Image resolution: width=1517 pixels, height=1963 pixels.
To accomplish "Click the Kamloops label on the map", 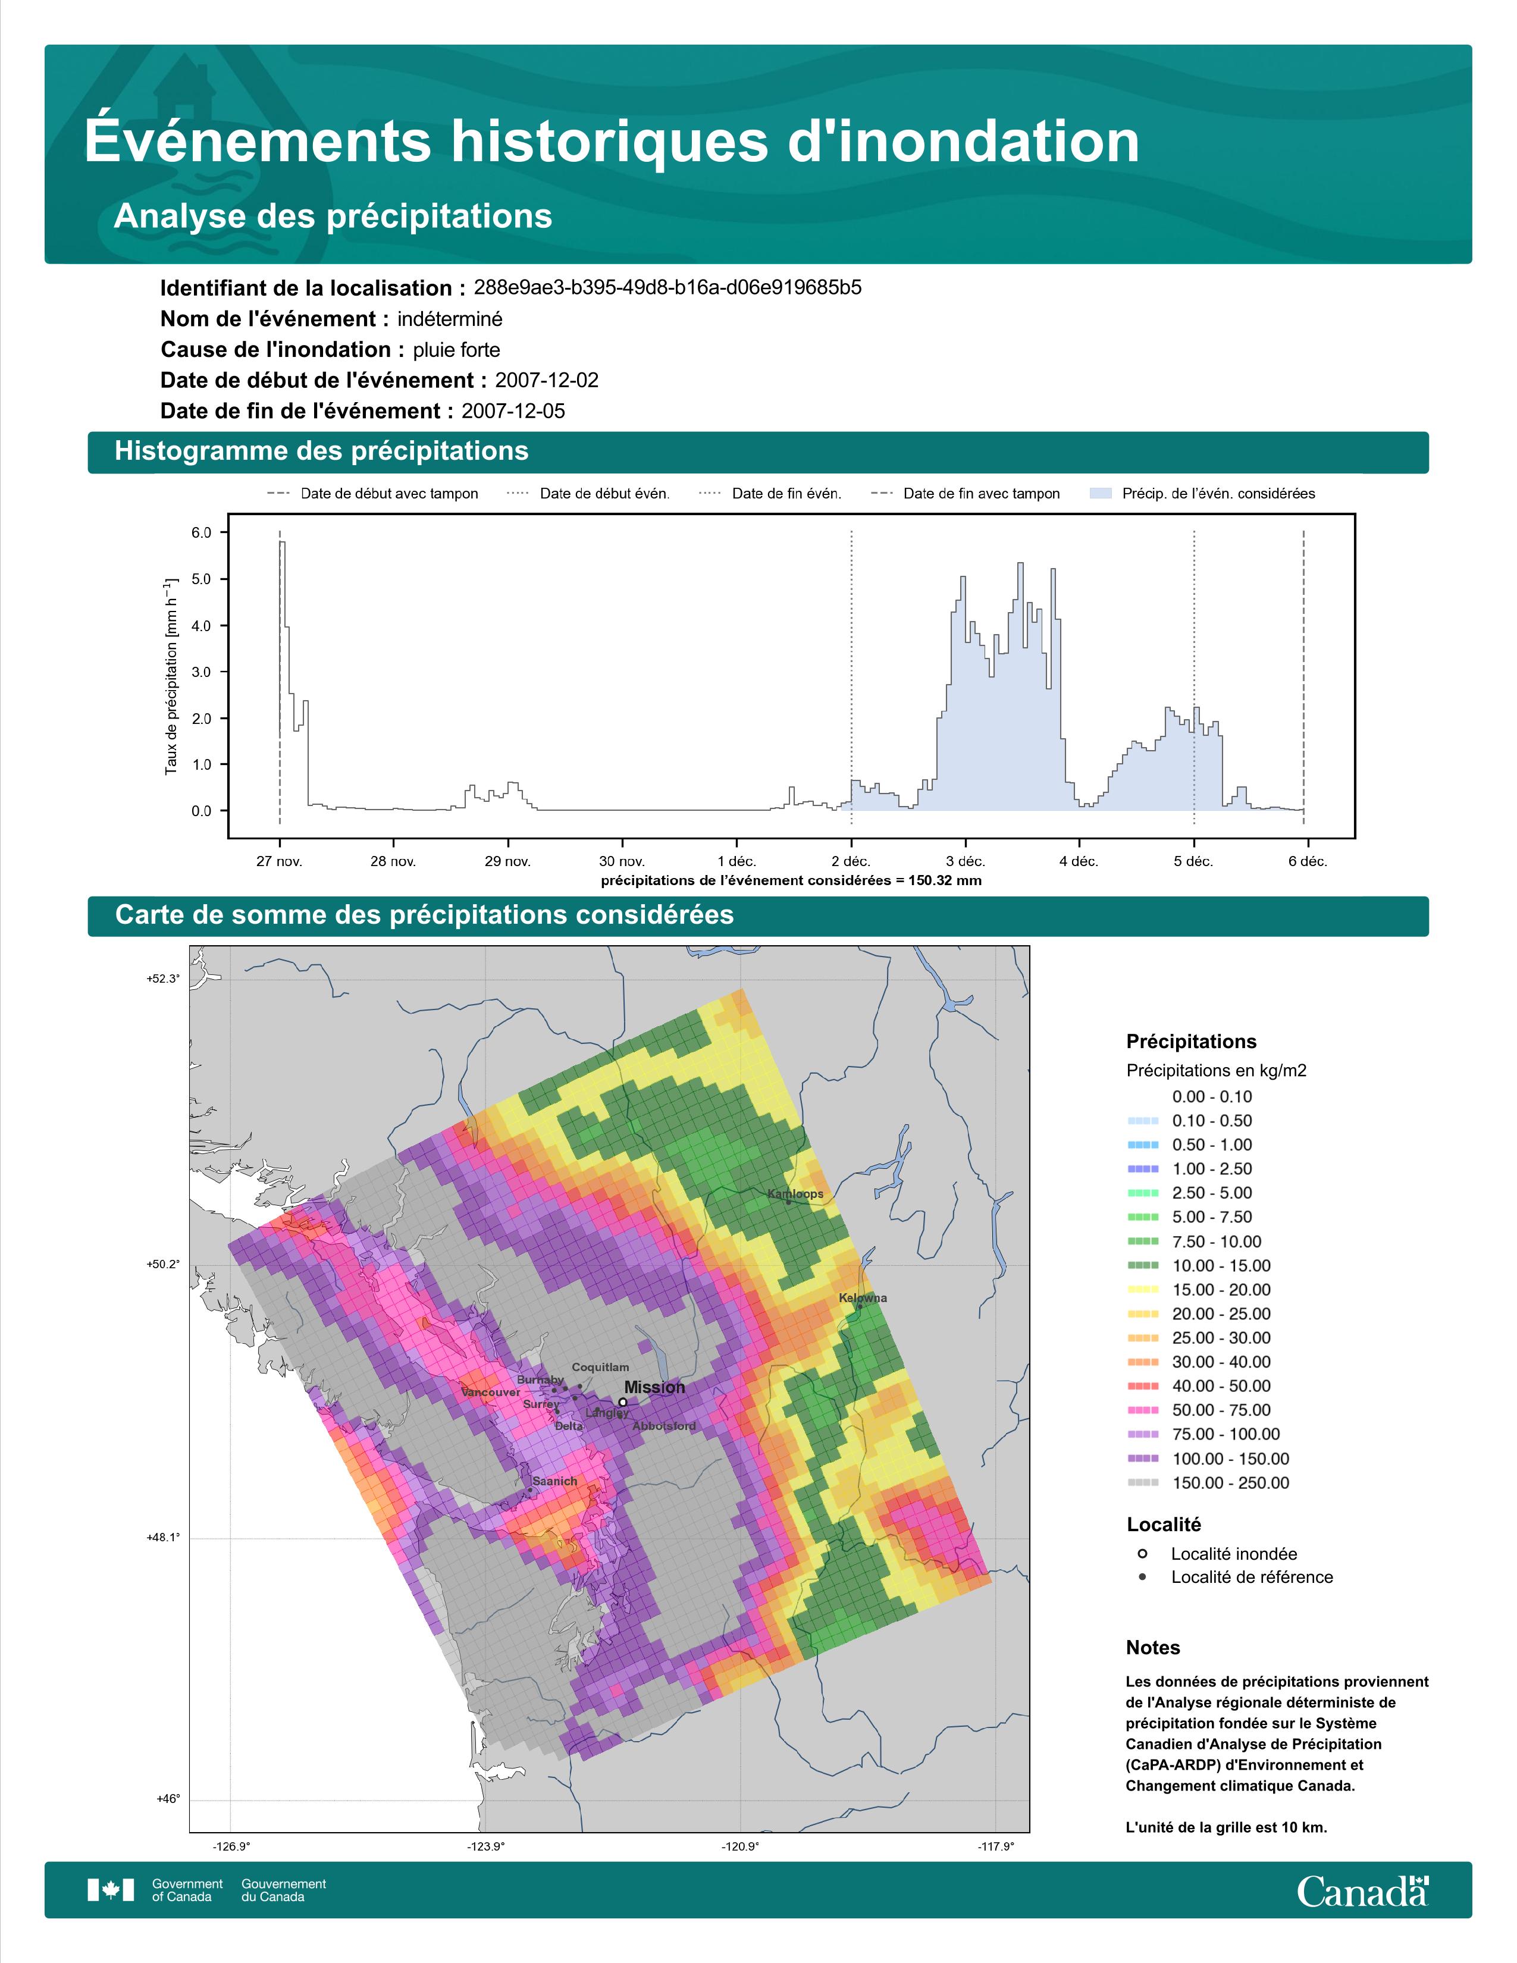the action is pyautogui.click(x=795, y=1194).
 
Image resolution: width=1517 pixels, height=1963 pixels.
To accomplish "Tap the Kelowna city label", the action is pyautogui.click(x=863, y=1298).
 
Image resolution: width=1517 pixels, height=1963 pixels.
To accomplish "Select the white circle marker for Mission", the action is pyautogui.click(x=623, y=1401).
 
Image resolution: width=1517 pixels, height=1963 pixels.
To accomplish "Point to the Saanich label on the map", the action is pyautogui.click(x=554, y=1481).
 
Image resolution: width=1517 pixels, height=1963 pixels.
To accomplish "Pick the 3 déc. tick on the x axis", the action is pyautogui.click(x=965, y=861).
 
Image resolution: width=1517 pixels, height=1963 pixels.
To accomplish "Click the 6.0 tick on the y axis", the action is pyautogui.click(x=201, y=533).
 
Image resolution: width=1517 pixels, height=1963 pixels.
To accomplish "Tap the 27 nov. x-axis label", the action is pyautogui.click(x=280, y=861).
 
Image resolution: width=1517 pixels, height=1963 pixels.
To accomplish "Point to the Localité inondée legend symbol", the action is pyautogui.click(x=1142, y=1553).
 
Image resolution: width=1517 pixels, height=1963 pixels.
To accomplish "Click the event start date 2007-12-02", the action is pyautogui.click(x=546, y=380).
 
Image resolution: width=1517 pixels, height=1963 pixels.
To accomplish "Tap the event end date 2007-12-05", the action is pyautogui.click(x=513, y=411).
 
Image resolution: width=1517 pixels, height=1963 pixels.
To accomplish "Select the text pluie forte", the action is pyautogui.click(x=456, y=350).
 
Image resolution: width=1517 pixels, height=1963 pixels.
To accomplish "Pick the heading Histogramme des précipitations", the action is pyautogui.click(x=322, y=451).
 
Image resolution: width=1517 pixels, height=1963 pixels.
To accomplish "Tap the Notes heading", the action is pyautogui.click(x=1153, y=1648).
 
